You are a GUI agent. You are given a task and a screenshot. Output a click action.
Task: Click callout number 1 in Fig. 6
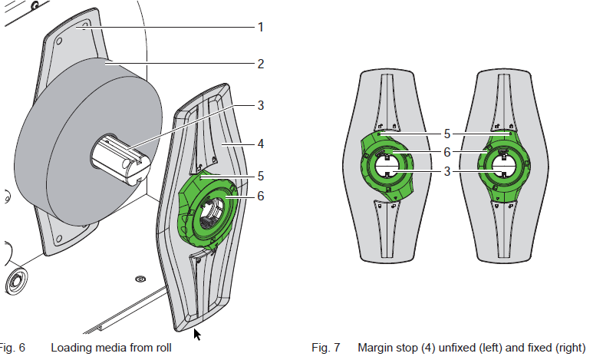(261, 27)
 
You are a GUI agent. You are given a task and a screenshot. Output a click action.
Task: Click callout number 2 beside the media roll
(261, 64)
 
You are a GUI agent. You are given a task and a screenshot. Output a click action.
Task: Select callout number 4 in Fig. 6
(261, 143)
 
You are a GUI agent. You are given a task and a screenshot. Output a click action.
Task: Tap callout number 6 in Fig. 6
(261, 196)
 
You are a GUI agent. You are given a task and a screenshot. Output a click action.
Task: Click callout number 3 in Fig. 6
(261, 105)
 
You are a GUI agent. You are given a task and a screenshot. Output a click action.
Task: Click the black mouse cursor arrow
(197, 334)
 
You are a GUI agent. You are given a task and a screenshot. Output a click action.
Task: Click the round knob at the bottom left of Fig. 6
(15, 281)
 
